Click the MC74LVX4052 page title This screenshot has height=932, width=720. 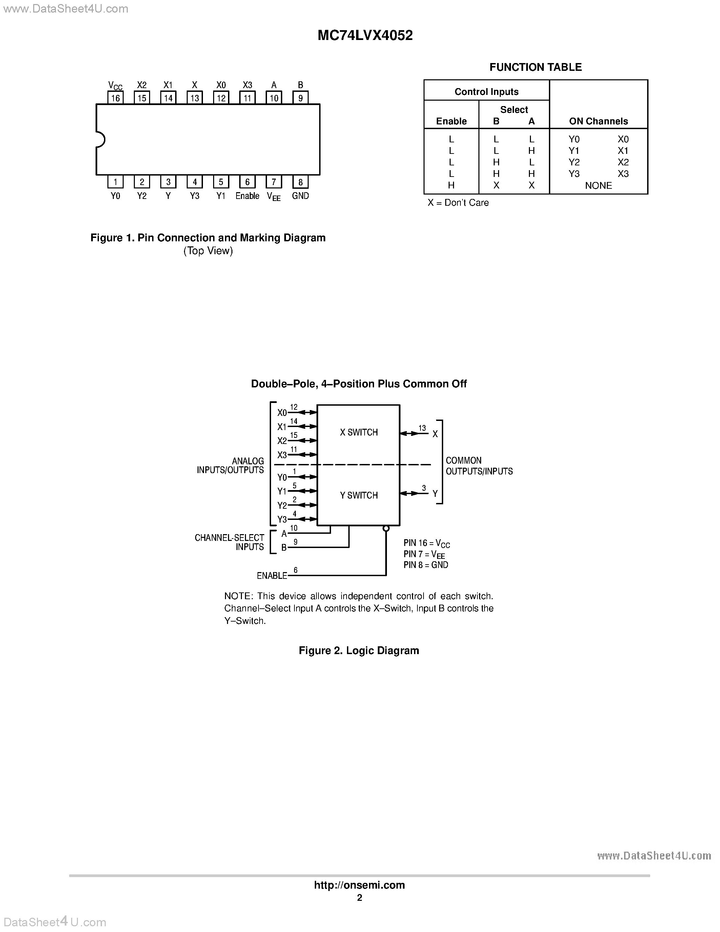click(365, 36)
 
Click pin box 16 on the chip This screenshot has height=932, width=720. click(115, 98)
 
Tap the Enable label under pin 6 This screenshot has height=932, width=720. click(247, 196)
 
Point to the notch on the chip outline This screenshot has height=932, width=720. click(101, 140)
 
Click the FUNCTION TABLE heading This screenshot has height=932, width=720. click(535, 67)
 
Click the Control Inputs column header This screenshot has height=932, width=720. click(486, 92)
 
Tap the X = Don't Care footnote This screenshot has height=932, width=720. click(458, 203)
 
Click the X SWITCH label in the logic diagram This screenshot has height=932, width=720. click(359, 432)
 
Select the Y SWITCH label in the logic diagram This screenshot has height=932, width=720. click(359, 495)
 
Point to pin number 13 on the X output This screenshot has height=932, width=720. click(422, 428)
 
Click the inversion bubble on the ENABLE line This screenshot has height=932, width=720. click(386, 529)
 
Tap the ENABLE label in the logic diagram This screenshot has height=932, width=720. click(272, 576)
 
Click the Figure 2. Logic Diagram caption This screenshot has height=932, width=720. click(359, 650)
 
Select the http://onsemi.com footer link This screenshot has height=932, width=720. click(359, 885)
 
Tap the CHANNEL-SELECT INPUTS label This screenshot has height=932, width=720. click(229, 542)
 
